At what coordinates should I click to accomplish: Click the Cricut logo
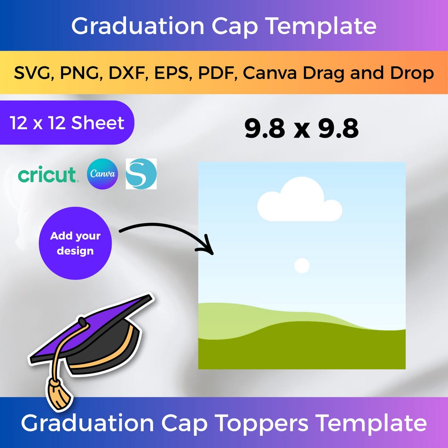[x=47, y=175]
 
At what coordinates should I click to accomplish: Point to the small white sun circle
[x=302, y=265]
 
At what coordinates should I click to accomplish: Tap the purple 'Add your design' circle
[x=75, y=243]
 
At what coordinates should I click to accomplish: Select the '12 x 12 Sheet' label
[x=67, y=123]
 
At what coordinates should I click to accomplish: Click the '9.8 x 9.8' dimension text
[x=301, y=129]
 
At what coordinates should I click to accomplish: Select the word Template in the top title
[x=321, y=26]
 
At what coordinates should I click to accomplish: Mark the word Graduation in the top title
[x=138, y=26]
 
